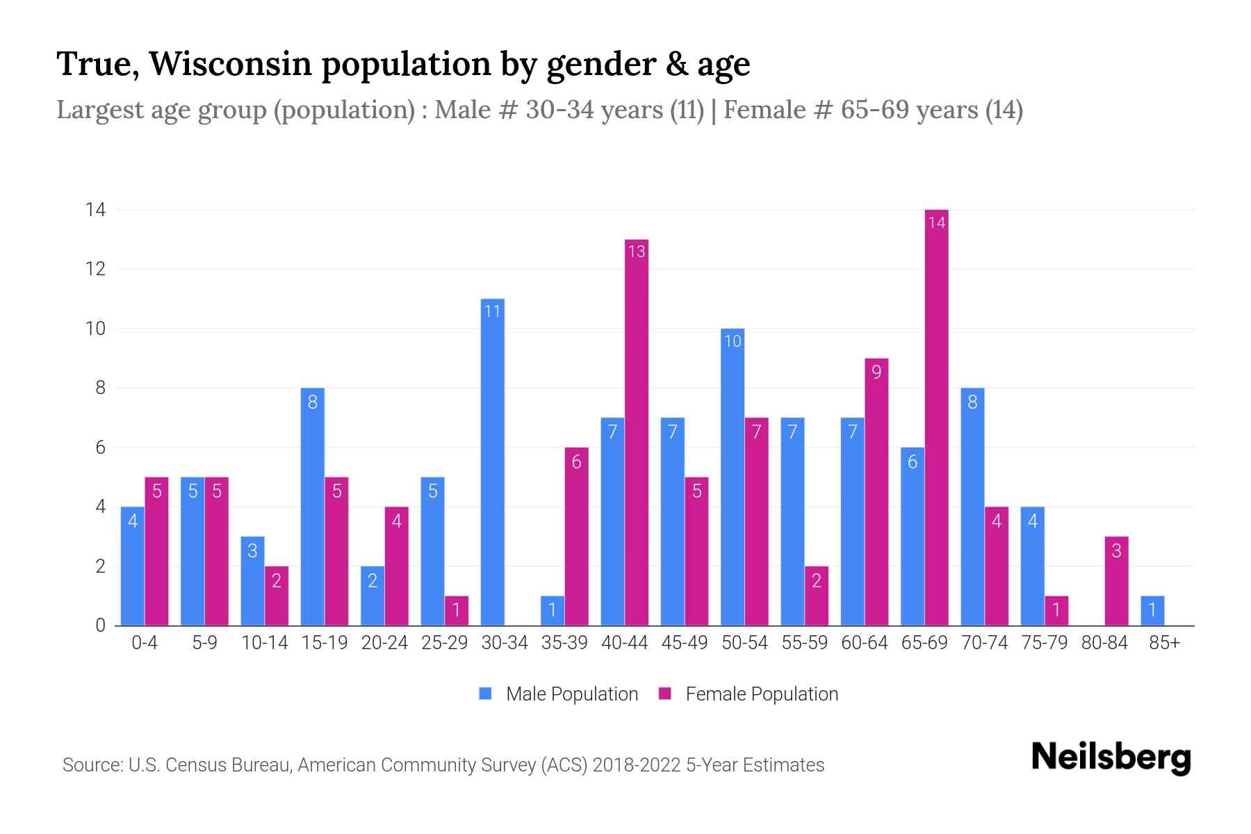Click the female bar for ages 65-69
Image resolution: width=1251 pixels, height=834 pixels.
(936, 417)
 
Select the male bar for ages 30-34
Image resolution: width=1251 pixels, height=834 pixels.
(492, 462)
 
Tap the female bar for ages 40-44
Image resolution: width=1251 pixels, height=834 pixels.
(637, 432)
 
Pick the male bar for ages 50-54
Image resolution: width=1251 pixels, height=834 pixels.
(733, 477)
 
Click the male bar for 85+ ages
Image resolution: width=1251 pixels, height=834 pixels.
(1152, 611)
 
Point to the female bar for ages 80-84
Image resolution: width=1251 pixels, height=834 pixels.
(1116, 581)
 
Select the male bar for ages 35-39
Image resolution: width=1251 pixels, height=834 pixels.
(553, 611)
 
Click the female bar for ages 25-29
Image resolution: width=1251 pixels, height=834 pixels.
(457, 611)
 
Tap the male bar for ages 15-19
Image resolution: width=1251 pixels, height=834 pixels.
(312, 507)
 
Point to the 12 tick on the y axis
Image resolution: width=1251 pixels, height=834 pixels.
(95, 269)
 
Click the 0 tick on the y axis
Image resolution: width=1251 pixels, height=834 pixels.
(100, 625)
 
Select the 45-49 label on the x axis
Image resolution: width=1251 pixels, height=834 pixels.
(685, 643)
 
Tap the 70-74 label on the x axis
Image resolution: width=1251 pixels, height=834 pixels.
(984, 643)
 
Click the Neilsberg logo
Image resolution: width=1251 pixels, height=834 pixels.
(1111, 758)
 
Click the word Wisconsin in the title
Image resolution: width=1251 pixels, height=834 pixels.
(229, 64)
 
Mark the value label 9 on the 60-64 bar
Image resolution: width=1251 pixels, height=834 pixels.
(876, 373)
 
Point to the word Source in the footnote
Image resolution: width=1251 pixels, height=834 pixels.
(91, 765)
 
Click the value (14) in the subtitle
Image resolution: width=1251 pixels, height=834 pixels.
(1004, 110)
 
